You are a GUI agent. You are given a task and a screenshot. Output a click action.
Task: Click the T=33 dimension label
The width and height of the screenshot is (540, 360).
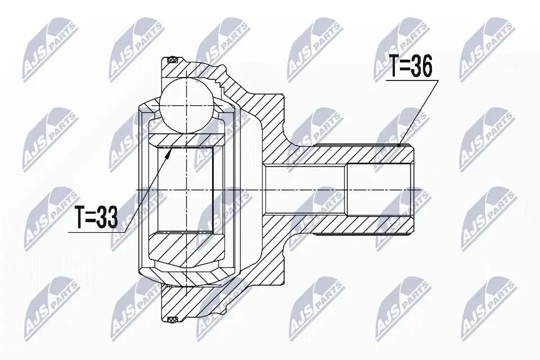(96, 216)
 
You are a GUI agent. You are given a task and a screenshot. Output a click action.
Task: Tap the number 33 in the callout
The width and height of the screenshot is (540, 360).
(107, 216)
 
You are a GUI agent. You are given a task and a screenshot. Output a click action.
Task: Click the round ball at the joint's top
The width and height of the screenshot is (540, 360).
(185, 101)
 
